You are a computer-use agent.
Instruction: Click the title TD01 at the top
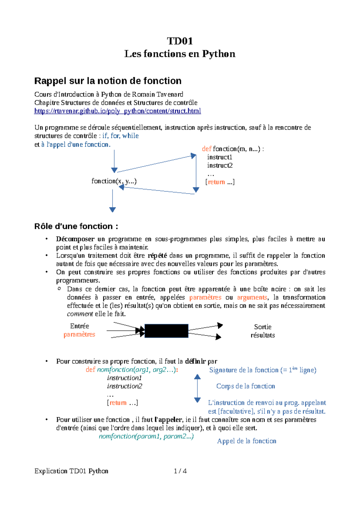pos(180,41)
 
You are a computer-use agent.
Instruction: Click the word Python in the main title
pos(218,54)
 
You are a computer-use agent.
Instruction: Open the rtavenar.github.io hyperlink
pos(117,111)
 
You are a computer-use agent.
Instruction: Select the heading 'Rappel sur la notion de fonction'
pos(108,81)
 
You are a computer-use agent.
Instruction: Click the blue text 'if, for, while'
pos(120,136)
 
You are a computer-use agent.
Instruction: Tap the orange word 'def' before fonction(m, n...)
pos(206,149)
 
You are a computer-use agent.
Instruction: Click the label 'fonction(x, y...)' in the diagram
pos(114,181)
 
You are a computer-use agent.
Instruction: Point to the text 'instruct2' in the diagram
pos(220,165)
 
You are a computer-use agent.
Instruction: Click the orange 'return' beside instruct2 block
pos(216,182)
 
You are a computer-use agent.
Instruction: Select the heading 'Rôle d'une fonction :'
pos(76,226)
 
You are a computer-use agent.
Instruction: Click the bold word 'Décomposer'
pos(75,239)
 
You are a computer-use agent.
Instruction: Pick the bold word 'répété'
pos(157,256)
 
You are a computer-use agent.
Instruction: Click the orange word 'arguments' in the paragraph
pos(252,297)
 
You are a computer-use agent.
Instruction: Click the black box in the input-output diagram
pos(166,331)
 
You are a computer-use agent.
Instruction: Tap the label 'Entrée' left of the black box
pos(79,326)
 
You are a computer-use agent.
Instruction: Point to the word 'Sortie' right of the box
pos(262,327)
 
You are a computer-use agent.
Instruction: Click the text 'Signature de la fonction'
pos(244,370)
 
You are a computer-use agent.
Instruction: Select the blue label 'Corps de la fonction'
pos(245,386)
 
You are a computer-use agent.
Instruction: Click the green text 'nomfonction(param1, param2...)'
pos(146,436)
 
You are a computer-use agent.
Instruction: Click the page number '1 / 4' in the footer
pos(180,471)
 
